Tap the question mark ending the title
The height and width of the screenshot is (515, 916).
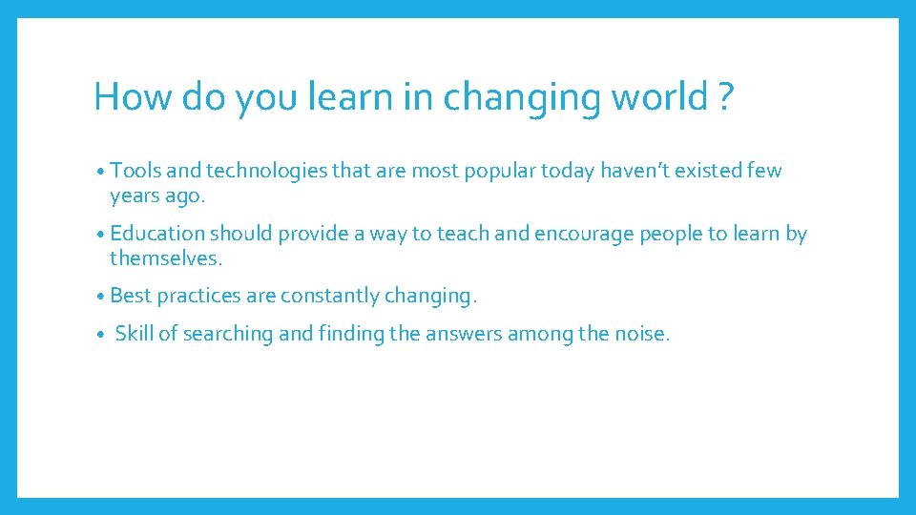[726, 97]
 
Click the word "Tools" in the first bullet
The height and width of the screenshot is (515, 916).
[135, 172]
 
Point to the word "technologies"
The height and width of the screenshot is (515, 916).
[263, 172]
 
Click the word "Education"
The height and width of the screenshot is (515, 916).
[157, 234]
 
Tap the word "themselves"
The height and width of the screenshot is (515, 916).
[164, 258]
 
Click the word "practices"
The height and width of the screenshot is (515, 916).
[198, 296]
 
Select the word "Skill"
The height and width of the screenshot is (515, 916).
[134, 334]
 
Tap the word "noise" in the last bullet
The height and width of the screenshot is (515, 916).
[641, 334]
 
